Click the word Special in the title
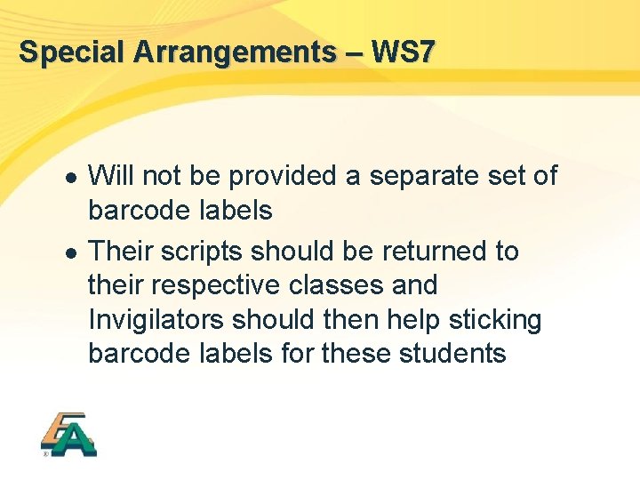tap(73, 52)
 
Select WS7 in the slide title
tap(404, 52)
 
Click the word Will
tap(112, 176)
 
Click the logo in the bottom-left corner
tap(68, 435)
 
